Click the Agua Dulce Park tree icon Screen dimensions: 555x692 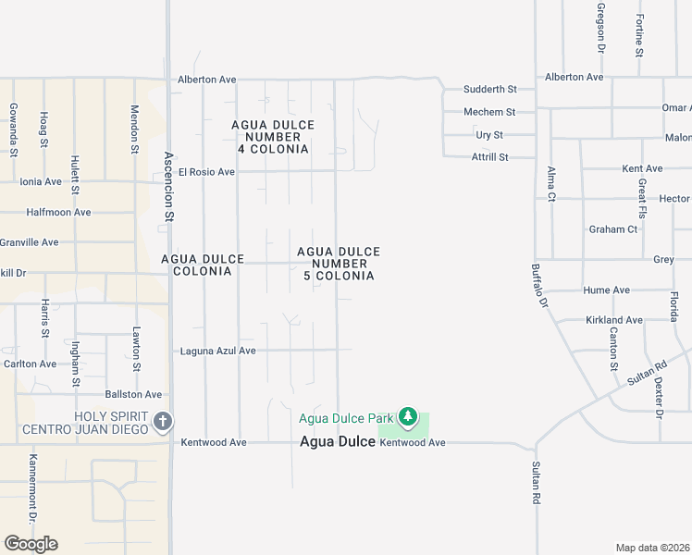[408, 418]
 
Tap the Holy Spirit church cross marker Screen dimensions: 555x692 [163, 423]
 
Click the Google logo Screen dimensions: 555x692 [31, 544]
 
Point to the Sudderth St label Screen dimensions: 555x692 [489, 89]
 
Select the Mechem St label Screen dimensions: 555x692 [489, 112]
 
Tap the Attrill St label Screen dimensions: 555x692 [490, 157]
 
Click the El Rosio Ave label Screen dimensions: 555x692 [207, 171]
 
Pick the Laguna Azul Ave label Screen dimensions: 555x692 [217, 351]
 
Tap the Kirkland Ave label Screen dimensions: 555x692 [613, 320]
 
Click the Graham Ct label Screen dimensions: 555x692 [613, 229]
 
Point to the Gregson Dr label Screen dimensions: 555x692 [600, 28]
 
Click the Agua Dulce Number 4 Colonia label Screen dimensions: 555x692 [272, 137]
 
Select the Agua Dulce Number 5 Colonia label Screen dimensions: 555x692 [339, 264]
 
